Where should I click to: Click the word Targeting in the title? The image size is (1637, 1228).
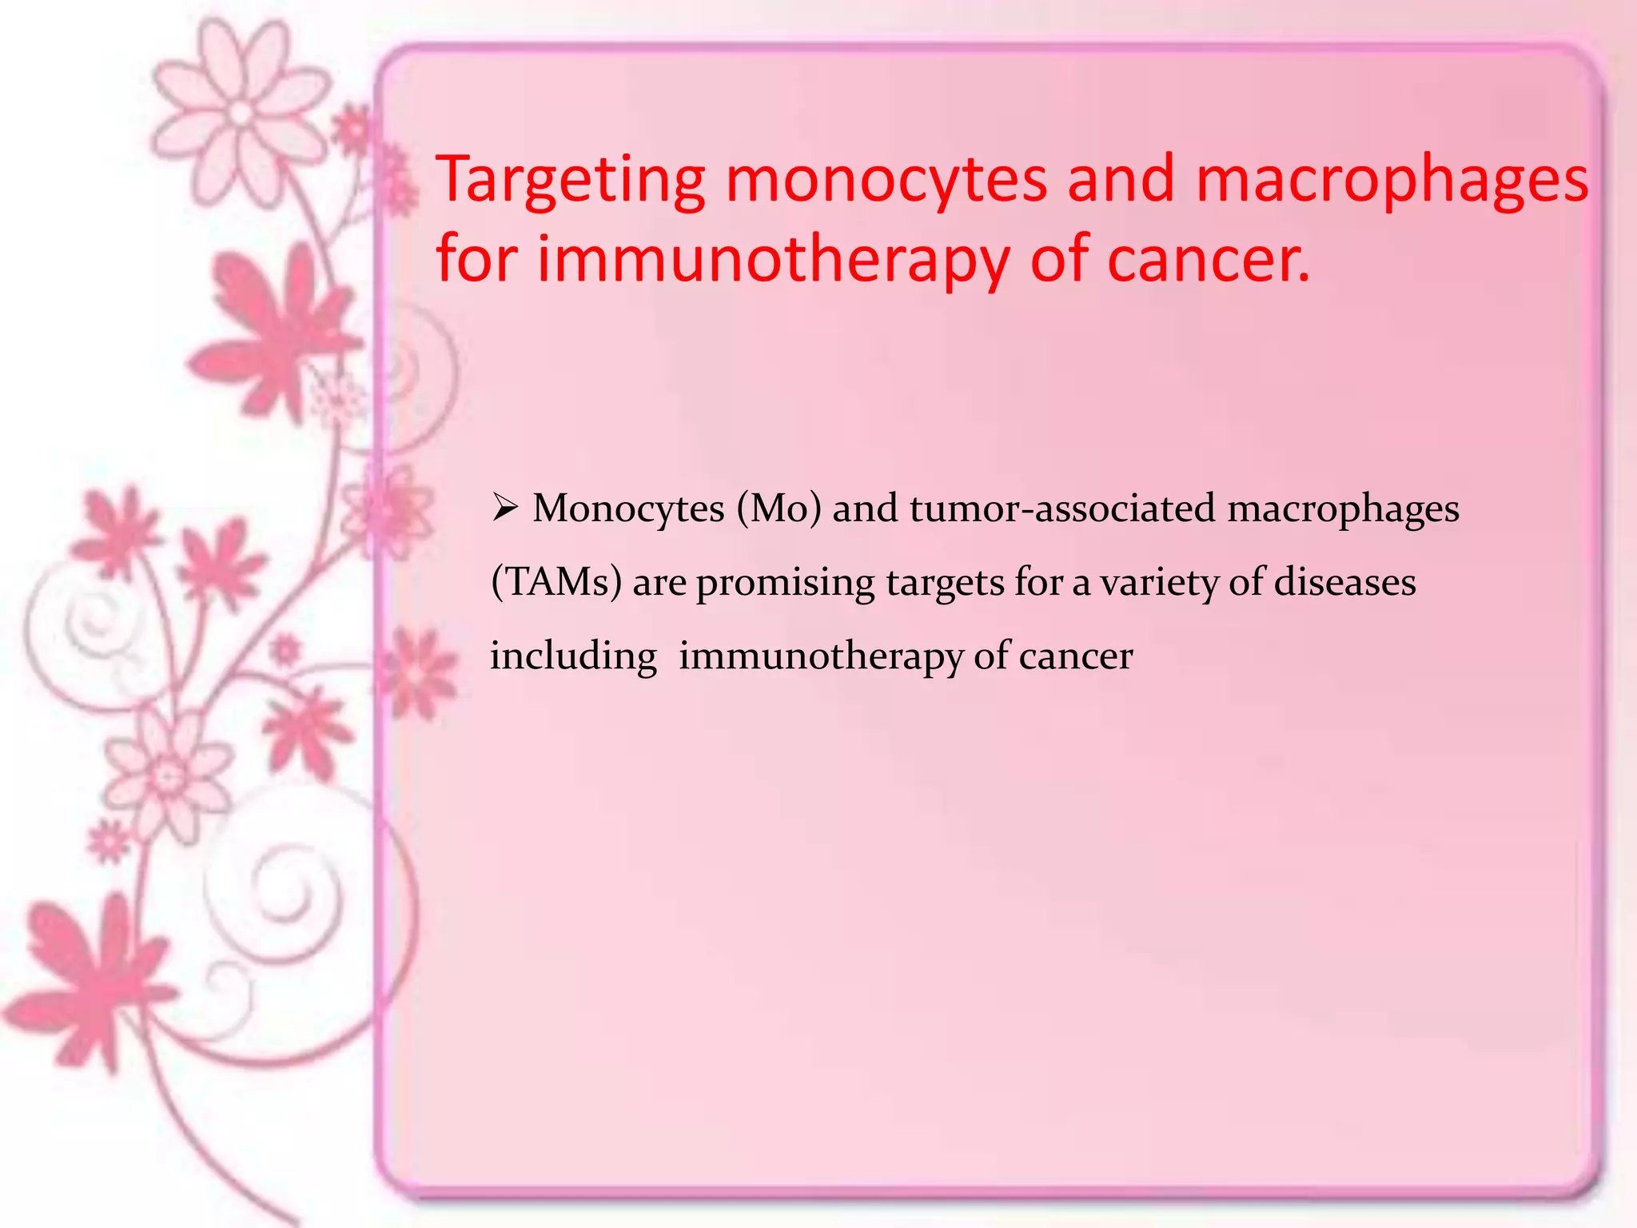click(571, 181)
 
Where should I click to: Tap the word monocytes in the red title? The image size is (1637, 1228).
click(886, 181)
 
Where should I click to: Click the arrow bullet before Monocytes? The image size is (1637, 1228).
click(505, 507)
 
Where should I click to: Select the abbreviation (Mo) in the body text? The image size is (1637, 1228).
click(779, 508)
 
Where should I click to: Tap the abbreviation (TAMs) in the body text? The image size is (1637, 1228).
click(556, 582)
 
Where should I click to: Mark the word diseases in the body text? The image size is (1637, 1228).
click(1344, 582)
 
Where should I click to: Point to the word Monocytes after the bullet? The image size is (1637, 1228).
click(628, 508)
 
